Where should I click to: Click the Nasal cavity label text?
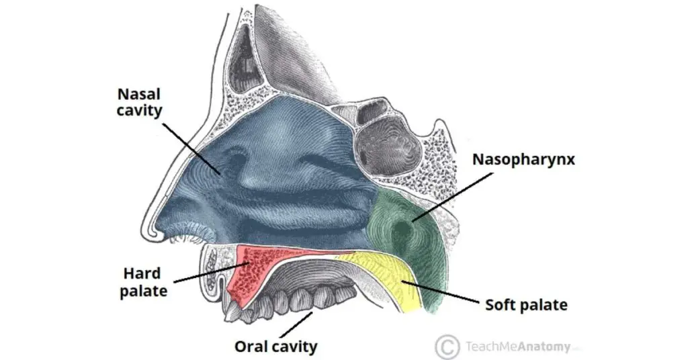(140, 101)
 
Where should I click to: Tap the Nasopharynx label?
(523, 159)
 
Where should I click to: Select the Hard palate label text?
(144, 282)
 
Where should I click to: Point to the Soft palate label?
(526, 305)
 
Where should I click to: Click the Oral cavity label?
(275, 347)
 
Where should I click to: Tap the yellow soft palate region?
(386, 276)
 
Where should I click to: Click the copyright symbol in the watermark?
(447, 347)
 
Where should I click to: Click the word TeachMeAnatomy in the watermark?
(518, 347)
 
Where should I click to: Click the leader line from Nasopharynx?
(452, 196)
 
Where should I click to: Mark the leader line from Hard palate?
(212, 272)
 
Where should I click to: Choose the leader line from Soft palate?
(440, 292)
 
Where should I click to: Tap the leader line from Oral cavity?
(296, 324)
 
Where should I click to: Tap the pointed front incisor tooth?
(231, 312)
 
